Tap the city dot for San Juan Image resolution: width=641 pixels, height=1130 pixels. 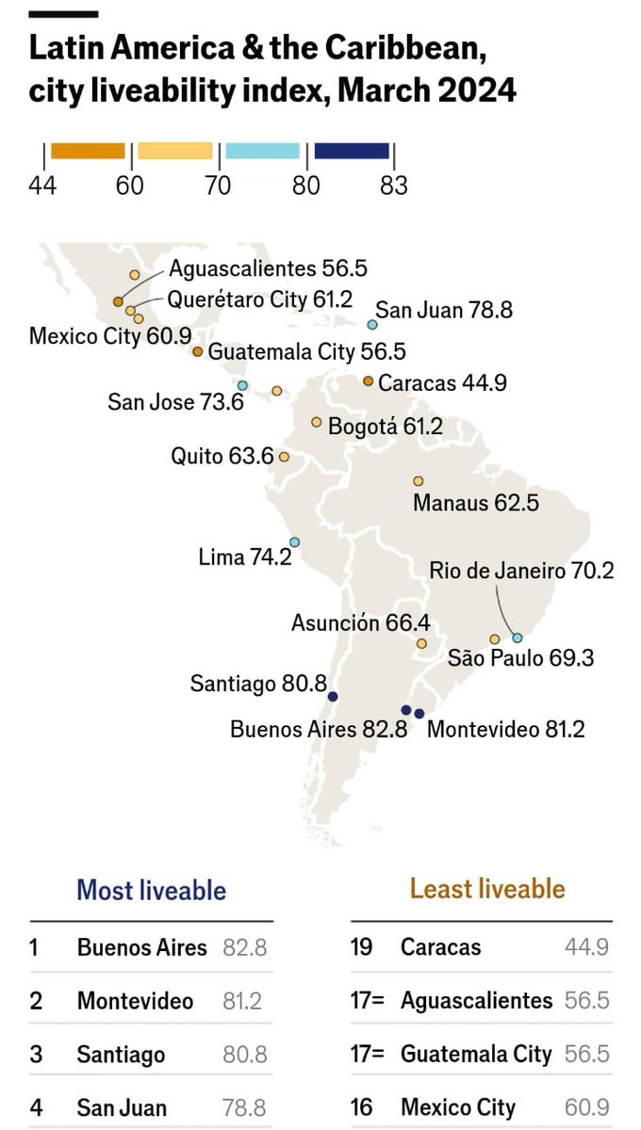372,325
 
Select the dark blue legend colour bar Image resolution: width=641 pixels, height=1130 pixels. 352,152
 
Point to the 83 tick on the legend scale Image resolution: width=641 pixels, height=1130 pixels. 393,185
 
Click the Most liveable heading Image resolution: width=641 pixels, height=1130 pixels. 151,890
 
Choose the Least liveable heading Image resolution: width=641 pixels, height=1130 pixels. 487,889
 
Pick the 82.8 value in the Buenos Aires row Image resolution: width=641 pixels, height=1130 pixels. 244,947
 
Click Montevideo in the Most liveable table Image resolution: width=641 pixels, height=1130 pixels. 135,1001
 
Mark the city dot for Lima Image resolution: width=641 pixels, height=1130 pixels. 294,542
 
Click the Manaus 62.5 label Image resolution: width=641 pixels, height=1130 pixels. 476,503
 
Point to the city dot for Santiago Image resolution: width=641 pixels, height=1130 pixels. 333,697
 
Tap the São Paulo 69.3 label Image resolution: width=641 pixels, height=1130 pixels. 520,658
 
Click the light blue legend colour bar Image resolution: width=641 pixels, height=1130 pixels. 263,152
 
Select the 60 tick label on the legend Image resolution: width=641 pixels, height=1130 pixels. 130,185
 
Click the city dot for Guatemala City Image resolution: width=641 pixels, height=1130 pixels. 198,351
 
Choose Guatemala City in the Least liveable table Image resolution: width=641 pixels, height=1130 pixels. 475,1054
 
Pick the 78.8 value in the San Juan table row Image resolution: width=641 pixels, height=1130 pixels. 244,1108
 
